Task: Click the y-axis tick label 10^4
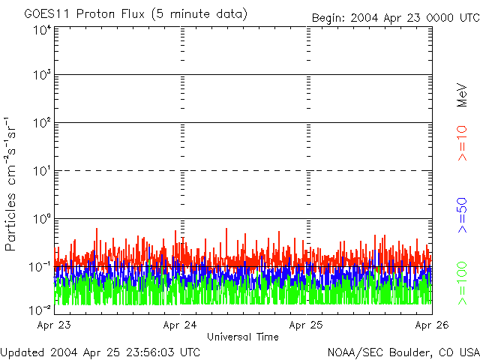click(41, 30)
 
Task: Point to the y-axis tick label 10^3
click(41, 76)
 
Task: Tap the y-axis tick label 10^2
click(41, 124)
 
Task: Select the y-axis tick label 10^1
click(41, 172)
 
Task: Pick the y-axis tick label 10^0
click(41, 220)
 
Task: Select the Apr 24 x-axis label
click(180, 325)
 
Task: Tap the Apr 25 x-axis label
click(306, 325)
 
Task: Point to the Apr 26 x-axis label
click(432, 325)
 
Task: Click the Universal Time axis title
click(242, 337)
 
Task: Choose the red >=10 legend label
click(463, 143)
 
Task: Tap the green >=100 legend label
click(463, 283)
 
